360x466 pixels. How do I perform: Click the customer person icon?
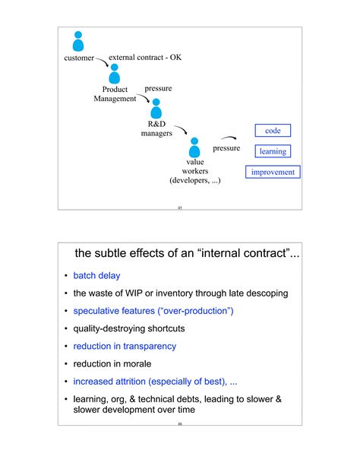coord(77,41)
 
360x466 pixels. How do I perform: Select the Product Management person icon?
coord(115,73)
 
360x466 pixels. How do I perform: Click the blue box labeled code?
coord(273,131)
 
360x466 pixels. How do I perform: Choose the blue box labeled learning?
coord(273,151)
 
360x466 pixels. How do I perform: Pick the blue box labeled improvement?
coord(273,173)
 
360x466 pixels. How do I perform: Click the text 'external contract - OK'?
coord(145,57)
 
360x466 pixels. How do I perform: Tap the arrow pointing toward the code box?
coord(229,138)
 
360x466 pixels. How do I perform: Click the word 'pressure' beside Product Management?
coord(158,89)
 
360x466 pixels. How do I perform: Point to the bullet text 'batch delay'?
coord(96,275)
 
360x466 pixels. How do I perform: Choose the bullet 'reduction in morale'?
coord(112,363)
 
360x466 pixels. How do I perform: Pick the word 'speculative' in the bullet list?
coord(99,311)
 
